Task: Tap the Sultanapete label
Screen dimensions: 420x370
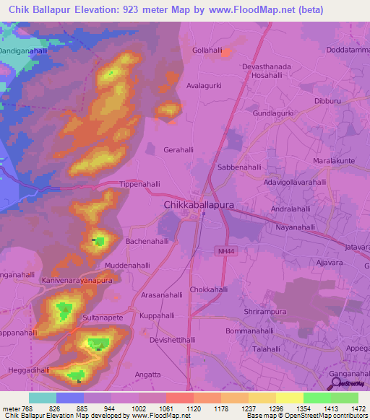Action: coord(105,317)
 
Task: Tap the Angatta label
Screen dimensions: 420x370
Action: coord(147,375)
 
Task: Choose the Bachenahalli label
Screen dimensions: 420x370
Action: coord(147,241)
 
